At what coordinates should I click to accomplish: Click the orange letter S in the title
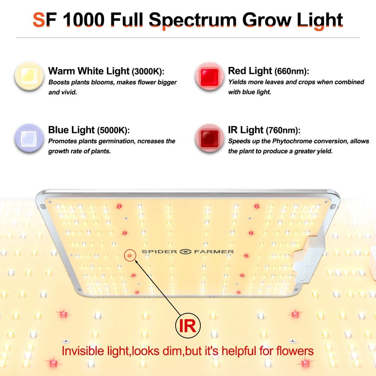(x=39, y=20)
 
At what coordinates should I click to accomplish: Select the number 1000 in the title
(x=84, y=20)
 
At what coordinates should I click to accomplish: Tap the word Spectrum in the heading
(x=193, y=21)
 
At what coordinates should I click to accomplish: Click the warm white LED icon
(x=29, y=76)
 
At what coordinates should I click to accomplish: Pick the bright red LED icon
(x=209, y=76)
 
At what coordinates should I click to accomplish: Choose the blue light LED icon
(x=29, y=138)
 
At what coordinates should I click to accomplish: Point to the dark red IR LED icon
(x=209, y=138)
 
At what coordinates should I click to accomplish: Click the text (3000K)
(x=148, y=71)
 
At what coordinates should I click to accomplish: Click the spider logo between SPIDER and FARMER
(x=185, y=251)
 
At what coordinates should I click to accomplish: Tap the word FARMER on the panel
(x=214, y=251)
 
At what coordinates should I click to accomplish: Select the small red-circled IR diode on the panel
(x=130, y=256)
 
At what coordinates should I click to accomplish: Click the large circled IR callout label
(x=188, y=325)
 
